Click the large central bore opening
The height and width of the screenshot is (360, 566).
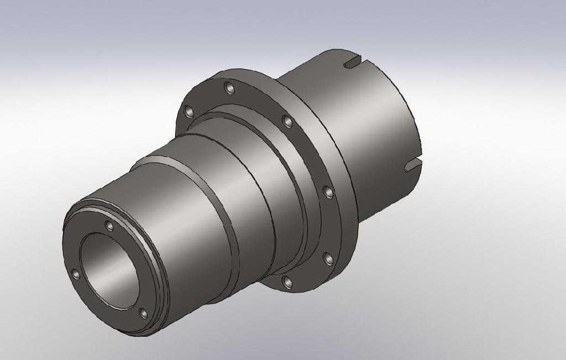click(x=111, y=271)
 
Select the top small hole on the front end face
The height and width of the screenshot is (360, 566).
click(x=109, y=226)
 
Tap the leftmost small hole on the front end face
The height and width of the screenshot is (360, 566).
click(x=76, y=274)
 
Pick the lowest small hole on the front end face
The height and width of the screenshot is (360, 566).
click(x=144, y=314)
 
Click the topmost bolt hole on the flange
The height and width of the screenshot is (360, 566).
click(x=229, y=87)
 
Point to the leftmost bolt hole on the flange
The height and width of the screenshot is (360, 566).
click(x=189, y=112)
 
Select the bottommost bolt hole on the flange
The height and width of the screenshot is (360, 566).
click(x=287, y=282)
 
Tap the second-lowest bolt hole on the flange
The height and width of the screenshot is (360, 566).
click(x=327, y=258)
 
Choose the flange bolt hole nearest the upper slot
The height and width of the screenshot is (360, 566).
click(x=287, y=121)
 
